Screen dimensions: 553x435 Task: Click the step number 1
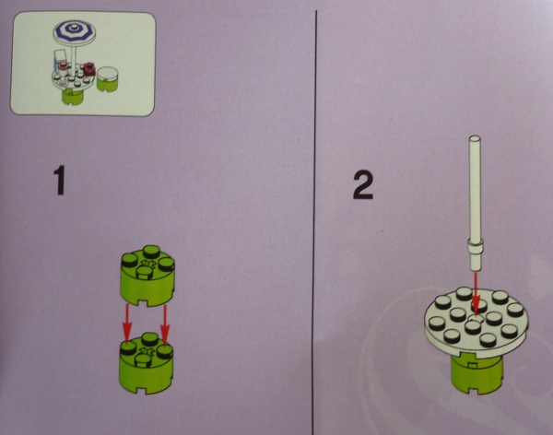pyautogui.click(x=60, y=181)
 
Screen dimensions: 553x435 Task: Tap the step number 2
pyautogui.click(x=363, y=185)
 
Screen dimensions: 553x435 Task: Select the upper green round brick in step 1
pyautogui.click(x=147, y=275)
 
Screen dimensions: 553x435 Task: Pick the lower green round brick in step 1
pyautogui.click(x=147, y=363)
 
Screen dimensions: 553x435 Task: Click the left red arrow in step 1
pyautogui.click(x=126, y=323)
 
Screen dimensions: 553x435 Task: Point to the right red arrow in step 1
pyautogui.click(x=165, y=323)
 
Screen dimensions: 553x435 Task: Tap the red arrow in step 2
pyautogui.click(x=476, y=294)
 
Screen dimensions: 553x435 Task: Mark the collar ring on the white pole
pyautogui.click(x=475, y=246)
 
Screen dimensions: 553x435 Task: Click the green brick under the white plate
pyautogui.click(x=477, y=375)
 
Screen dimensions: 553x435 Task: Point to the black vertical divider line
pyautogui.click(x=314, y=222)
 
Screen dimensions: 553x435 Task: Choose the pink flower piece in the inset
pyautogui.click(x=64, y=64)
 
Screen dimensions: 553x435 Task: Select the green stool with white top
pyautogui.click(x=107, y=78)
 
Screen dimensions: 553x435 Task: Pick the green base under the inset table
pyautogui.click(x=73, y=96)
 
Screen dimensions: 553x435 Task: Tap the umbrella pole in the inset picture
pyautogui.click(x=75, y=58)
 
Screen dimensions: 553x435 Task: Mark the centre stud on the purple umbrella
pyautogui.click(x=74, y=27)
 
